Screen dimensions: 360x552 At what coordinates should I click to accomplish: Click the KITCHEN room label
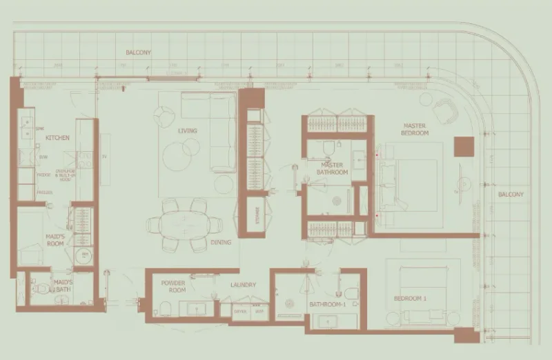click(x=57, y=138)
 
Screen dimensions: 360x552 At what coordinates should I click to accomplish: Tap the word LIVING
click(x=187, y=131)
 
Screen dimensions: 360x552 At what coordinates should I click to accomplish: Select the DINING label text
click(x=221, y=243)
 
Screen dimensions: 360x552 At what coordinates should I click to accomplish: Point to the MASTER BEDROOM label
click(x=416, y=129)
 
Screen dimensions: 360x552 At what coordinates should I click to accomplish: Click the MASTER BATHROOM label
click(x=333, y=169)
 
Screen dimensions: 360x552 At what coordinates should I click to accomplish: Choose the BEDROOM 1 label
click(x=411, y=299)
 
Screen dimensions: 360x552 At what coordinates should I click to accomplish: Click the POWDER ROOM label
click(x=173, y=287)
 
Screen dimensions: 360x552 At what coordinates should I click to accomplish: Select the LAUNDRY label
click(x=244, y=285)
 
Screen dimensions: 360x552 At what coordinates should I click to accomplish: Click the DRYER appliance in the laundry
click(x=241, y=312)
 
